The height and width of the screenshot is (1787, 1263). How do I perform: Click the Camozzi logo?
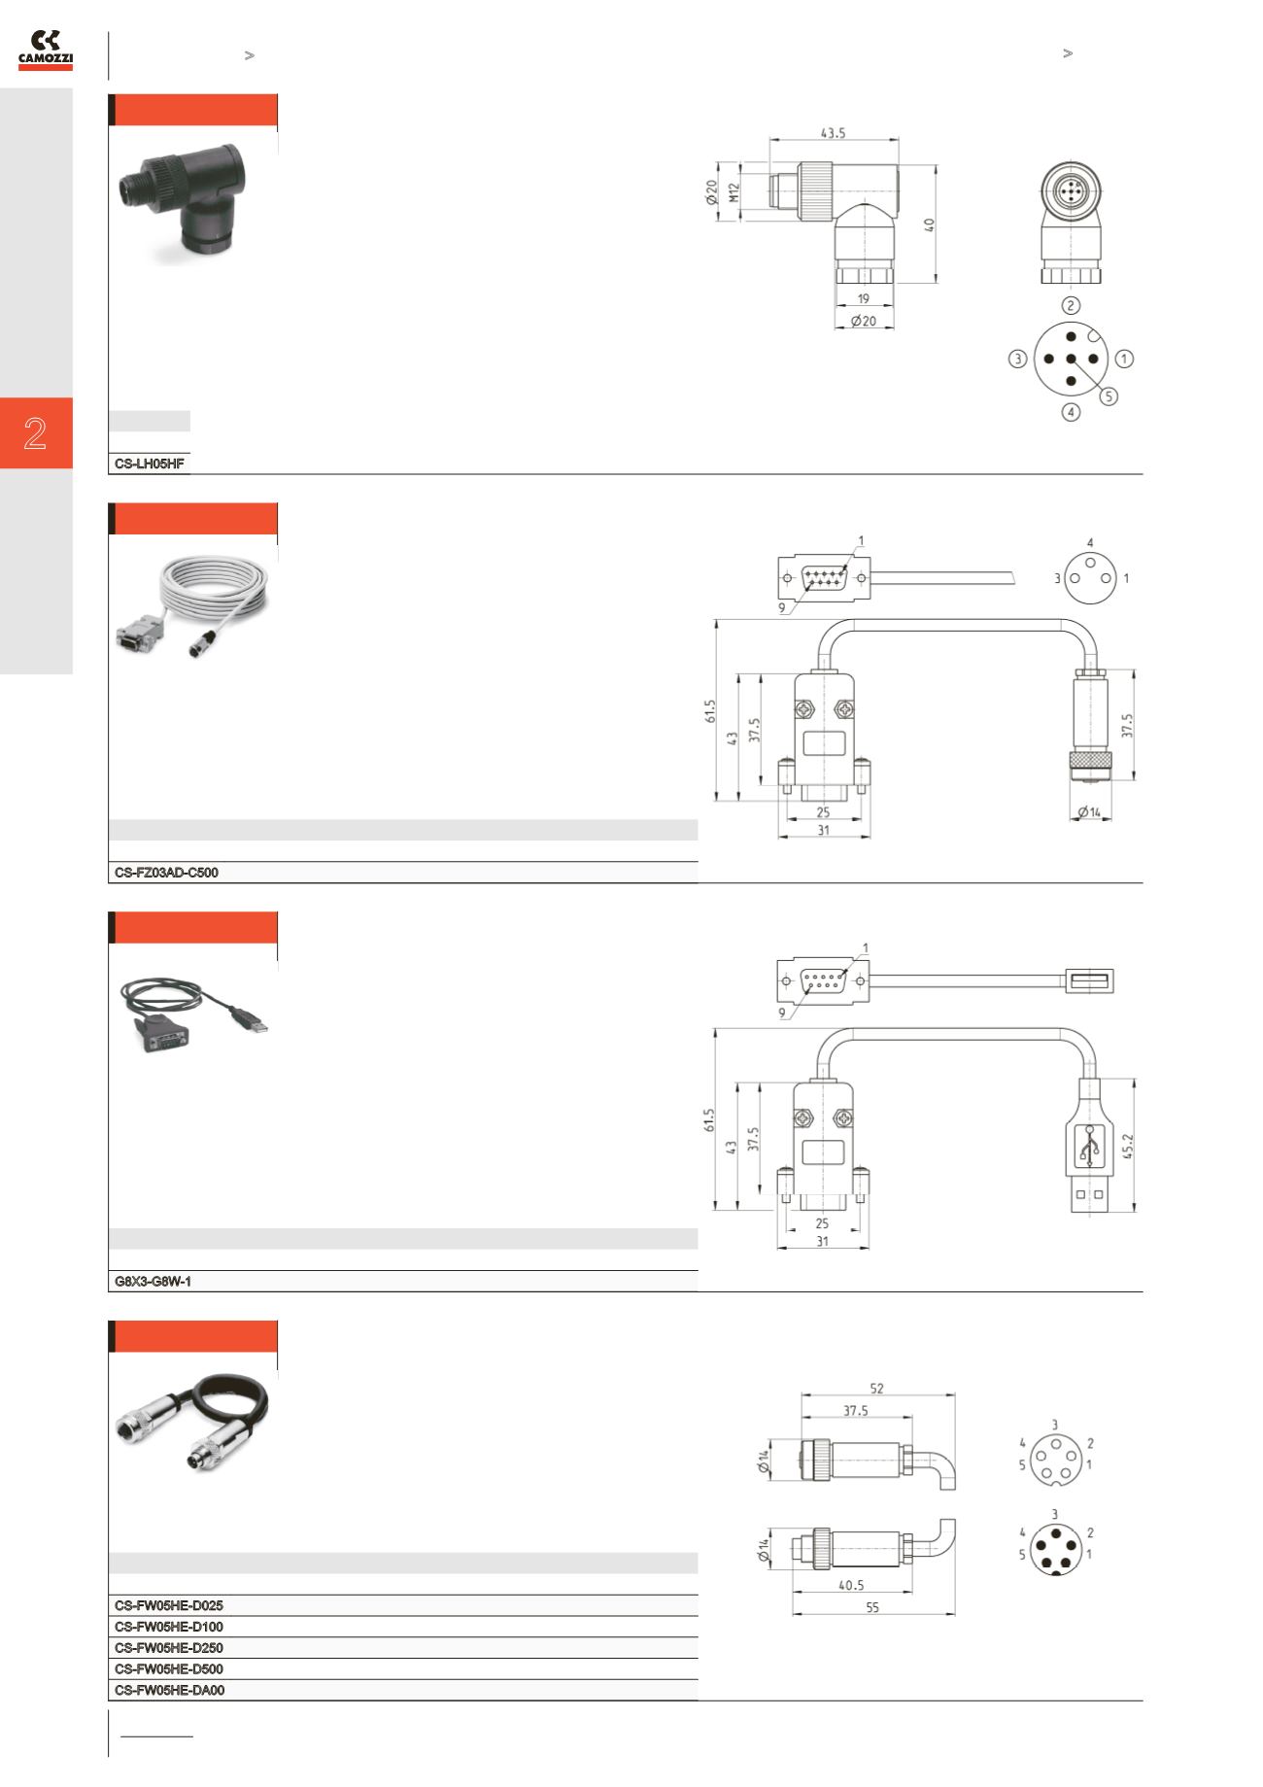pos(46,50)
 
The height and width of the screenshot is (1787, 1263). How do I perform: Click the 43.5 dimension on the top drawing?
pos(833,134)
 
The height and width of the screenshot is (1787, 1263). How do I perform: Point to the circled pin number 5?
pos(1109,396)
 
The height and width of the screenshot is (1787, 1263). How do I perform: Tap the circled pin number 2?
pos(1071,306)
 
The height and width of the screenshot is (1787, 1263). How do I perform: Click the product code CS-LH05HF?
pos(150,464)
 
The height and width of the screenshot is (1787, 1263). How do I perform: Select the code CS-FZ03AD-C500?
pos(166,873)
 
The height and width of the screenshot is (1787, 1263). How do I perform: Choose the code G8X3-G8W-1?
pos(153,1282)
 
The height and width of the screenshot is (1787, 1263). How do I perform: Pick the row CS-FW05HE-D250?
pos(169,1648)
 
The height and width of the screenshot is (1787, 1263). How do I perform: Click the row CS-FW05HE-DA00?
pos(169,1690)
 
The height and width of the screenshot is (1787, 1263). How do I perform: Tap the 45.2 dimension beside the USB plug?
pos(1126,1145)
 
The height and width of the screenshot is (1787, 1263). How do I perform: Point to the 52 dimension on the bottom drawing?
pos(877,1390)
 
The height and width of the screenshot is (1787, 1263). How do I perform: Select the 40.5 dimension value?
pos(850,1585)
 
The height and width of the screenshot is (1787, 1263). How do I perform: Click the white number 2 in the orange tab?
pos(35,433)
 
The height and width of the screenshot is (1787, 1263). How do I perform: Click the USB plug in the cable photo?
pos(251,1020)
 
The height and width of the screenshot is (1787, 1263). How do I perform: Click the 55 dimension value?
pos(872,1608)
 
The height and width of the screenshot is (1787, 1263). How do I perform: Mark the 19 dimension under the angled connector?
pos(864,299)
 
